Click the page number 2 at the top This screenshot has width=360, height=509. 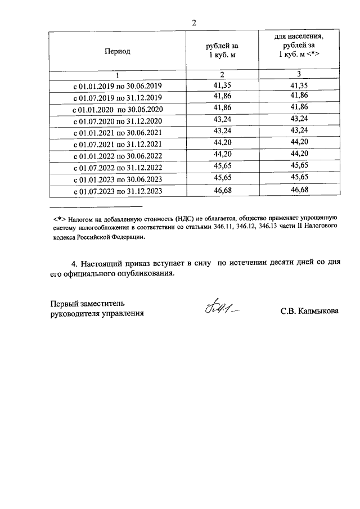click(194, 23)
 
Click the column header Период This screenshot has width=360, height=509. click(117, 51)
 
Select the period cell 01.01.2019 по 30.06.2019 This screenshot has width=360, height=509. click(118, 86)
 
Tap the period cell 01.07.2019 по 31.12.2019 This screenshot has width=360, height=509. click(118, 98)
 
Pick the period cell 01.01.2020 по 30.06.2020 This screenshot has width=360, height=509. click(118, 110)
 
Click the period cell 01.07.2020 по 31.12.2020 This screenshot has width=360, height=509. click(118, 121)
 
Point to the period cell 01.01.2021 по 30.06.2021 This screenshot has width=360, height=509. click(118, 133)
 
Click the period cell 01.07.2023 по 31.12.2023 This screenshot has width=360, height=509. click(118, 192)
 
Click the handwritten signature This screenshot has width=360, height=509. click(220, 309)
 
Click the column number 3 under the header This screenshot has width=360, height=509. click(299, 75)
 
